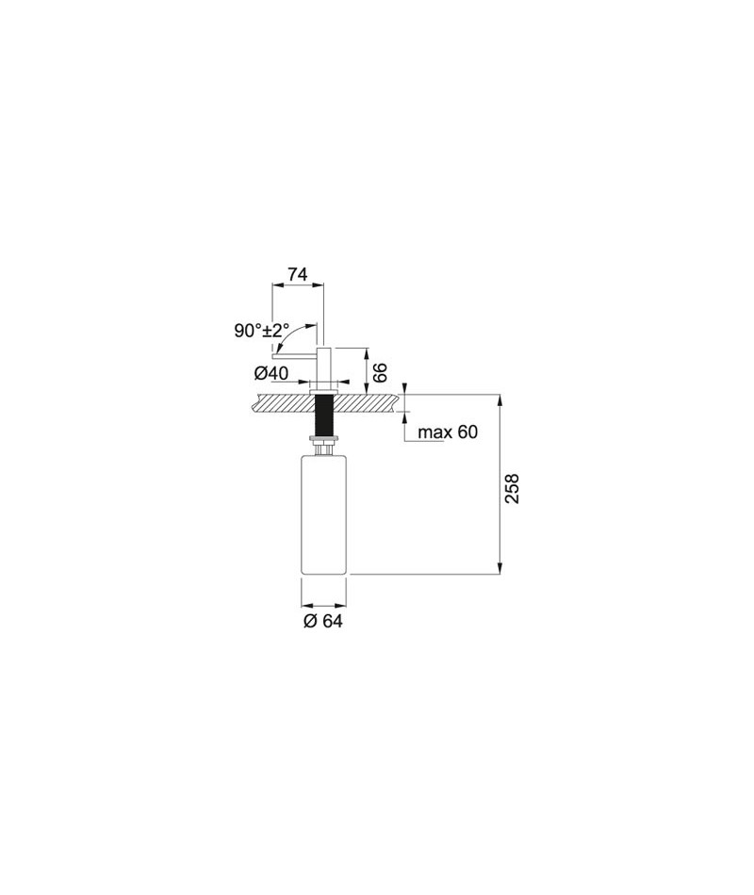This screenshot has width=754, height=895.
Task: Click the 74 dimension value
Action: (297, 274)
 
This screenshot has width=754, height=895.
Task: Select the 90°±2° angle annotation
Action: (262, 330)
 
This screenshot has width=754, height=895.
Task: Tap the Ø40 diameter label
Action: (270, 373)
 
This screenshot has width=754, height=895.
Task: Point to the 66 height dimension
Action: (381, 372)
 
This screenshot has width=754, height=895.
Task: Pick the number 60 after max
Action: (467, 431)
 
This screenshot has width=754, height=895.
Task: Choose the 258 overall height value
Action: (513, 488)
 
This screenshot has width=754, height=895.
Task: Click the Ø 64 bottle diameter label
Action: (322, 621)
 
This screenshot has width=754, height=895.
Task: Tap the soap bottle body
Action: (323, 513)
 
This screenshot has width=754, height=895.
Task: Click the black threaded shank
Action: (324, 415)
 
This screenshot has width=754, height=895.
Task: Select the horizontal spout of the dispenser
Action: (295, 355)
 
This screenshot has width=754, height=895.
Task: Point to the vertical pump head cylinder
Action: (324, 367)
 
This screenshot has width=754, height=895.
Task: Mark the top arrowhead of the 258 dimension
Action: (500, 399)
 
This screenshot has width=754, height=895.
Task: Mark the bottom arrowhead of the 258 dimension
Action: (500, 568)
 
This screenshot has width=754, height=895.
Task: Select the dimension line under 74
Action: (298, 284)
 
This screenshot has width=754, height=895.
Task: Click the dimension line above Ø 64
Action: (323, 605)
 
